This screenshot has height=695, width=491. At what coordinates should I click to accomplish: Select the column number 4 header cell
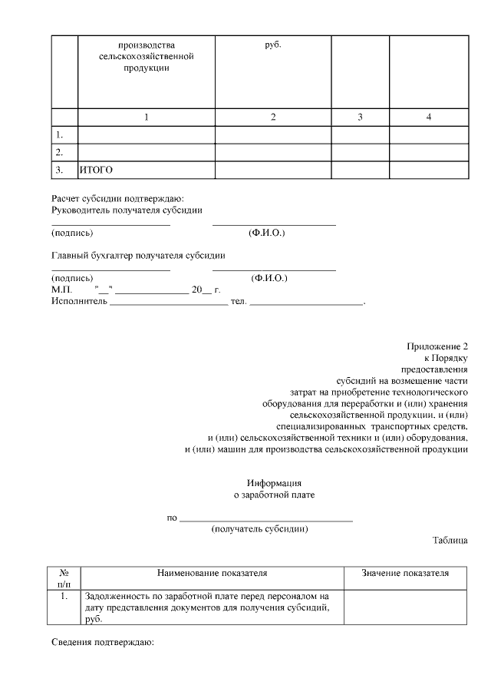429,117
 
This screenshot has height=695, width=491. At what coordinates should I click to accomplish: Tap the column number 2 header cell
273,117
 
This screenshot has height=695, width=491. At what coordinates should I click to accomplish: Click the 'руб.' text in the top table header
273,45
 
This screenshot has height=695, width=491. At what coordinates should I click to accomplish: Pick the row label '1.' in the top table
59,135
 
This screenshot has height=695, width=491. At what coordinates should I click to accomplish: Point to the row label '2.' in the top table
59,152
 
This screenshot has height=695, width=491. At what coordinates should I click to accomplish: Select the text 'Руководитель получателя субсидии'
127,210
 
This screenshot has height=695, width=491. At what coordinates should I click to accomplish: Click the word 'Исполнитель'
79,301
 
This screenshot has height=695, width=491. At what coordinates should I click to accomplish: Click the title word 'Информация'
274,483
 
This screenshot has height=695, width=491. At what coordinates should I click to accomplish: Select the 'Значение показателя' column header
405,573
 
